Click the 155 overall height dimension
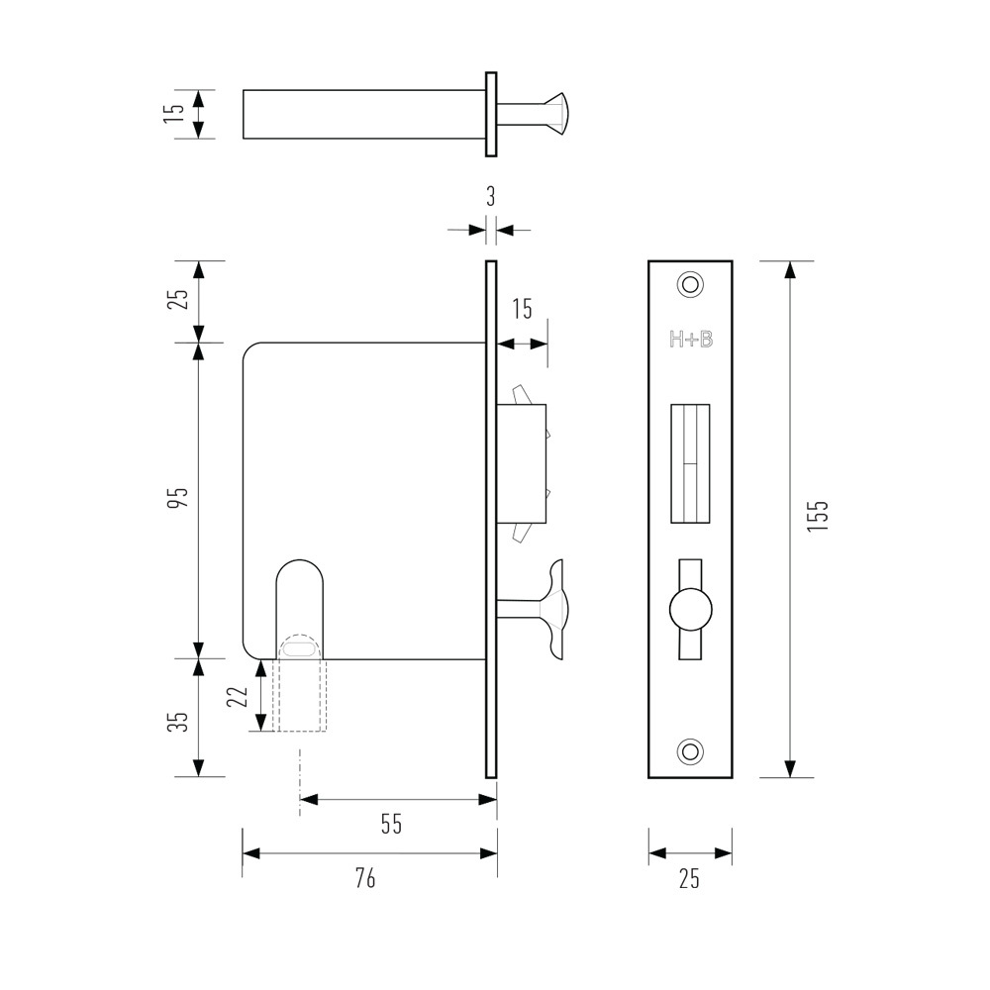818,517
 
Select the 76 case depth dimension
365,877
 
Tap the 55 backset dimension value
392,824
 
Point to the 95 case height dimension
177,498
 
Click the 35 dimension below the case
177,720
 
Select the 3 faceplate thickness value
490,195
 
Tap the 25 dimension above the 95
177,300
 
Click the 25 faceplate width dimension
690,877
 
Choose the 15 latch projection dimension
522,309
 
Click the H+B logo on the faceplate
690,340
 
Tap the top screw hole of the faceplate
690,284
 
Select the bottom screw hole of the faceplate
690,751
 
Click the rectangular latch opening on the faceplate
691,463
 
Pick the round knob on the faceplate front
690,607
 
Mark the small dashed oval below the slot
299,648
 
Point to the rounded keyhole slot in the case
299,604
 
